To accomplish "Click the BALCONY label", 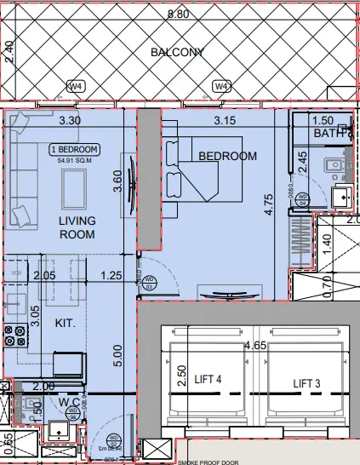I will (x=178, y=52).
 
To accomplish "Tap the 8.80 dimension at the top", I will (x=178, y=14).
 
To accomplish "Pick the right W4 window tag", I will (x=221, y=86).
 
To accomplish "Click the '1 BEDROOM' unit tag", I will (x=74, y=150).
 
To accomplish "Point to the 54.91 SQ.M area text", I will (x=74, y=160).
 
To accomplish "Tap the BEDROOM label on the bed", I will (x=227, y=156).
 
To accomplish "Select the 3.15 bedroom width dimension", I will (x=225, y=121).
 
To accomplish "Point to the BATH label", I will (x=329, y=133).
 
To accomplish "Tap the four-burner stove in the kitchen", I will (x=14, y=336).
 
